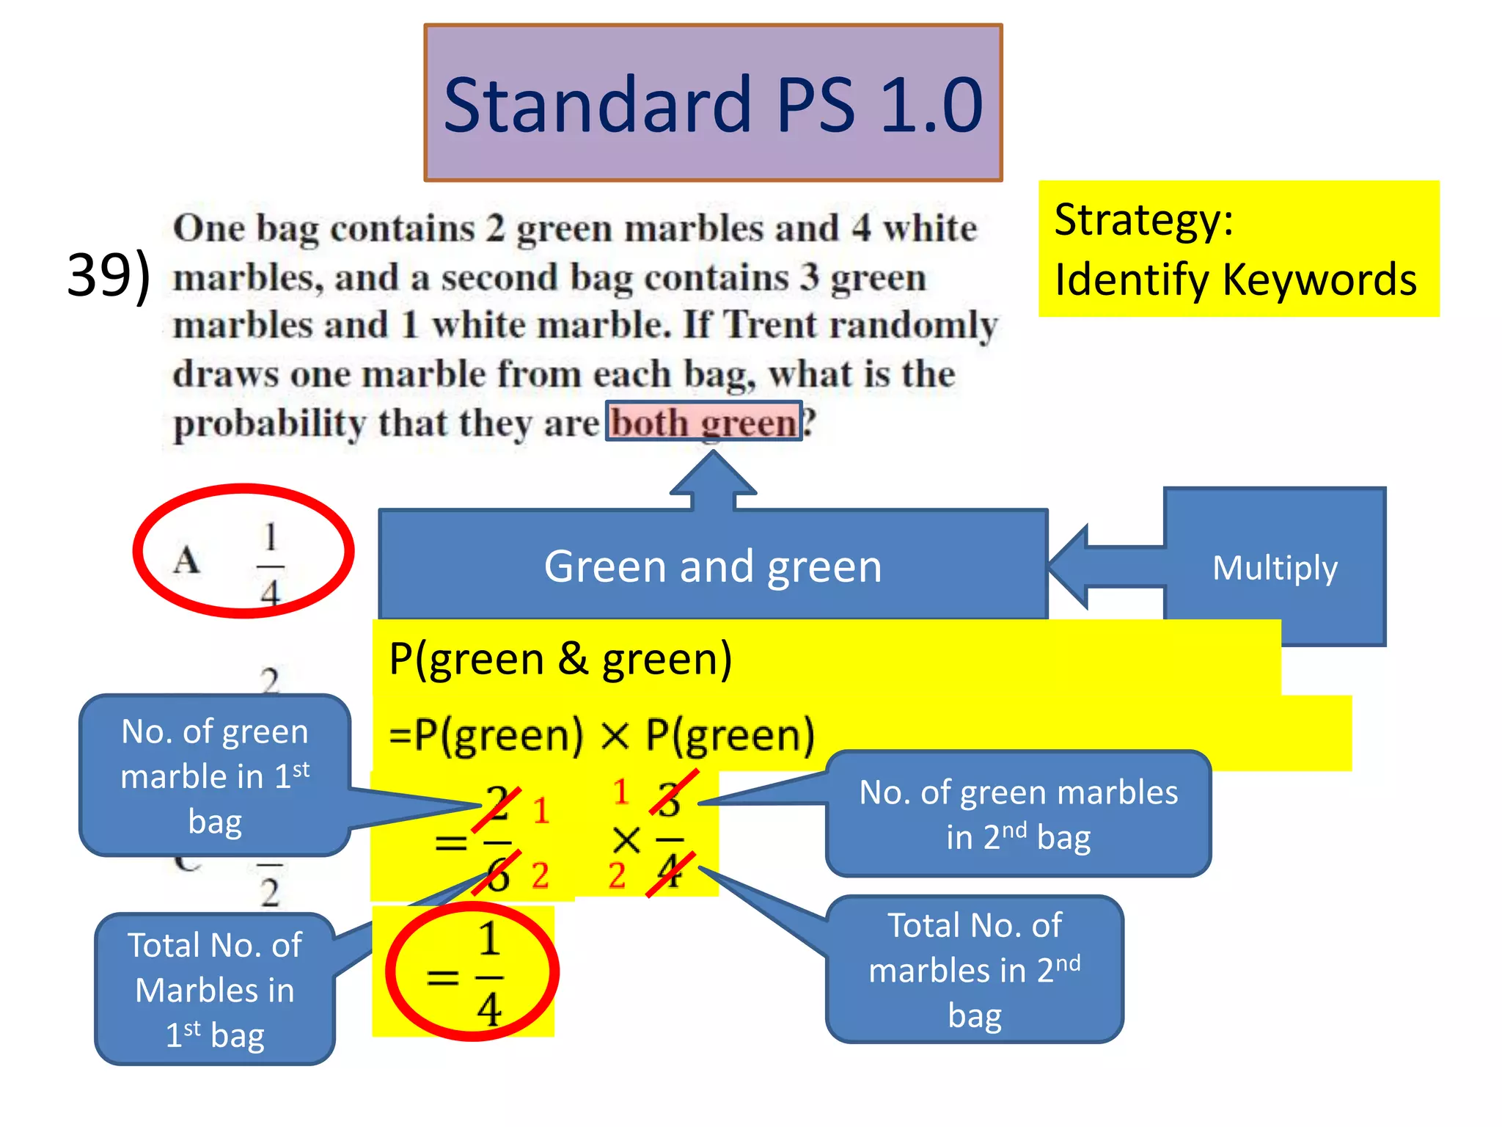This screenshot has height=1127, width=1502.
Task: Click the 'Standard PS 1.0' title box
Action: pos(713,103)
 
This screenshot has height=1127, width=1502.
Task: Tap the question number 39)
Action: pos(109,275)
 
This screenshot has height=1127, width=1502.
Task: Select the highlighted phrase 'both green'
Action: pos(703,423)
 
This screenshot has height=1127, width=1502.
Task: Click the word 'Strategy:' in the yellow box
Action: pos(1143,220)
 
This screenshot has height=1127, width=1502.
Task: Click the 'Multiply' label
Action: pos(1275,568)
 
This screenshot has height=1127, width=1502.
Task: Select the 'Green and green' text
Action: pos(713,566)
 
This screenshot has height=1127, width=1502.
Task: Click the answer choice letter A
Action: pos(187,561)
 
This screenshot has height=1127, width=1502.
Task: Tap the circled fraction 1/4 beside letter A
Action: pos(270,563)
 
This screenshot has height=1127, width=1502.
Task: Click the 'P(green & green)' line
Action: pos(560,658)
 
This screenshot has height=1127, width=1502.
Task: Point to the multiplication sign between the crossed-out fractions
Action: pos(626,841)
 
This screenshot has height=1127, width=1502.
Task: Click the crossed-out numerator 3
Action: pos(669,800)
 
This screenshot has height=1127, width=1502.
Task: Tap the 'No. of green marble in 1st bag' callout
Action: pos(215,776)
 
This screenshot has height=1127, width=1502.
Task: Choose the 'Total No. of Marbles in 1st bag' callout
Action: pos(215,989)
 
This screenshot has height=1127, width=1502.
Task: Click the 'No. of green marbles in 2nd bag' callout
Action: pos(1018,814)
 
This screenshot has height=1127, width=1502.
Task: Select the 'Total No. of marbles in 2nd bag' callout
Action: pos(974,969)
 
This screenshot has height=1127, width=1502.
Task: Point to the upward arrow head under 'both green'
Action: pos(713,473)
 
